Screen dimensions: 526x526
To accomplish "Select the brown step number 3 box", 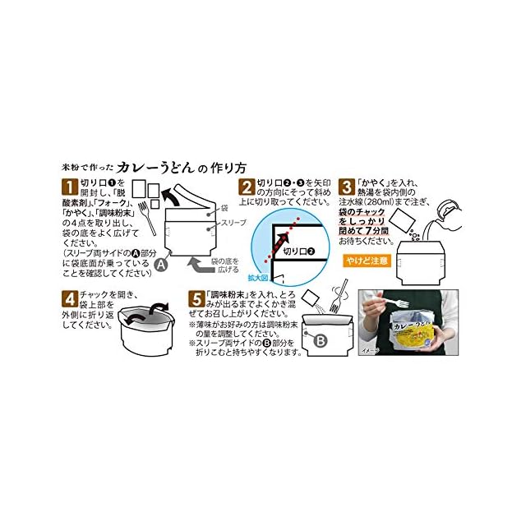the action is (348, 185).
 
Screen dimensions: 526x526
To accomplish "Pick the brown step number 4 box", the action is (71, 298).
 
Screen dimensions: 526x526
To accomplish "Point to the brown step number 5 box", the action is (194, 298).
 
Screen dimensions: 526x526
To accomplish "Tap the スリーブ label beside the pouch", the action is (233, 222).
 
